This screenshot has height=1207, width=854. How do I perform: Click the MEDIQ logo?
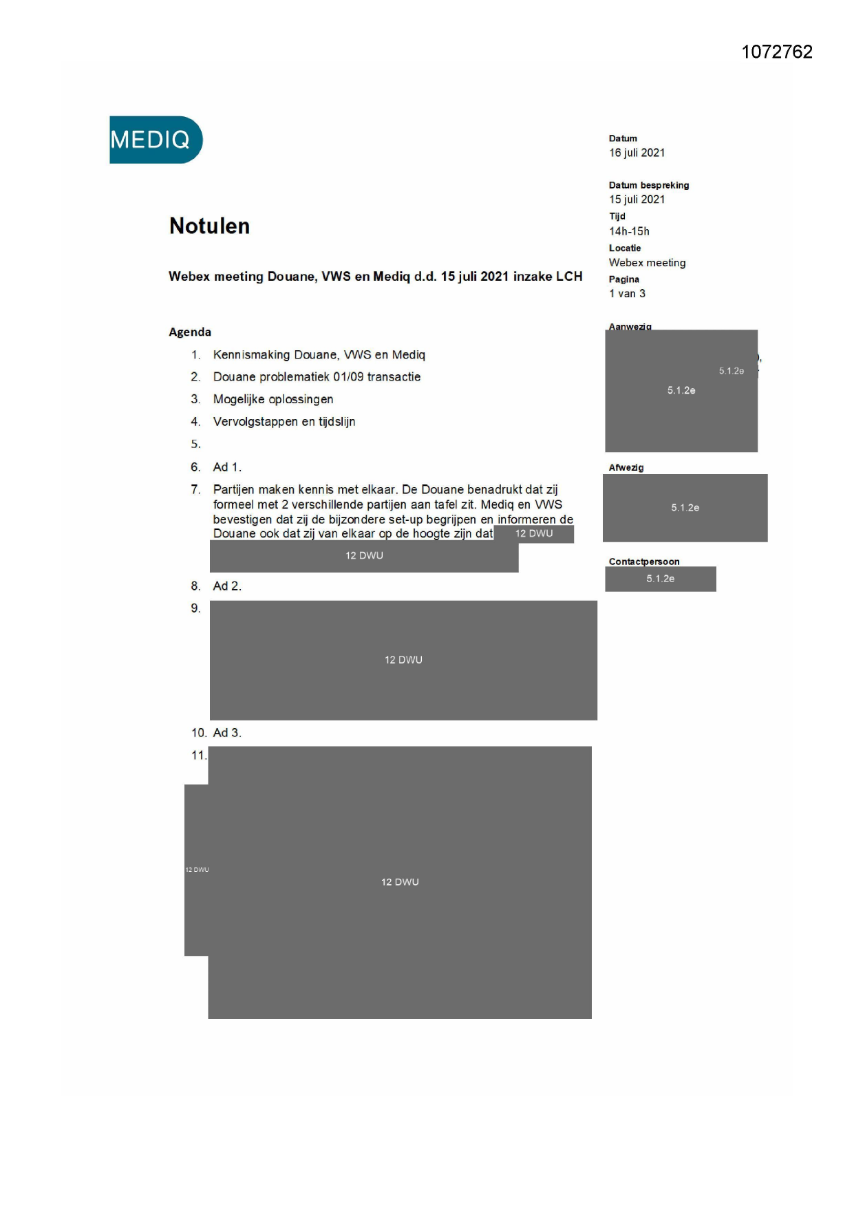[156, 140]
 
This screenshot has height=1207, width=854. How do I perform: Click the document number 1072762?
[777, 52]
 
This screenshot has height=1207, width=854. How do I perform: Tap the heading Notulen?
[209, 226]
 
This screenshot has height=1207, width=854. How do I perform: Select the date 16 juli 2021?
[637, 153]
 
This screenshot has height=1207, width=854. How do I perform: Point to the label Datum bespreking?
[648, 185]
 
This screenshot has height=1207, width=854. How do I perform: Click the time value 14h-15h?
[629, 231]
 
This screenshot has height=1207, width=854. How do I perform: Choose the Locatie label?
[624, 248]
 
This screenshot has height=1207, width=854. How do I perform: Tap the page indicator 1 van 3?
[627, 294]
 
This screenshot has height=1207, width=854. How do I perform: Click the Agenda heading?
[190, 332]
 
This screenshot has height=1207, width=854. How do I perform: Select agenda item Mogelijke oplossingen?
[273, 399]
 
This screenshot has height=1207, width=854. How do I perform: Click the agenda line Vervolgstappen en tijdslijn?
[284, 422]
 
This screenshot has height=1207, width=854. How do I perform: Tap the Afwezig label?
[626, 467]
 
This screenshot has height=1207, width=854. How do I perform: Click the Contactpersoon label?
[643, 562]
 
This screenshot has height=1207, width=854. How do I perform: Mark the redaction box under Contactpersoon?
[660, 579]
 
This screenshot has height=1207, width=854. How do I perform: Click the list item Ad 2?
[226, 586]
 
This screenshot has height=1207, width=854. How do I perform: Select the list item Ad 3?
[226, 733]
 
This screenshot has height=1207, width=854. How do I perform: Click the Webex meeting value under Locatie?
[647, 263]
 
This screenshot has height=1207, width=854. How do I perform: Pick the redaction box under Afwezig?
[685, 508]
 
